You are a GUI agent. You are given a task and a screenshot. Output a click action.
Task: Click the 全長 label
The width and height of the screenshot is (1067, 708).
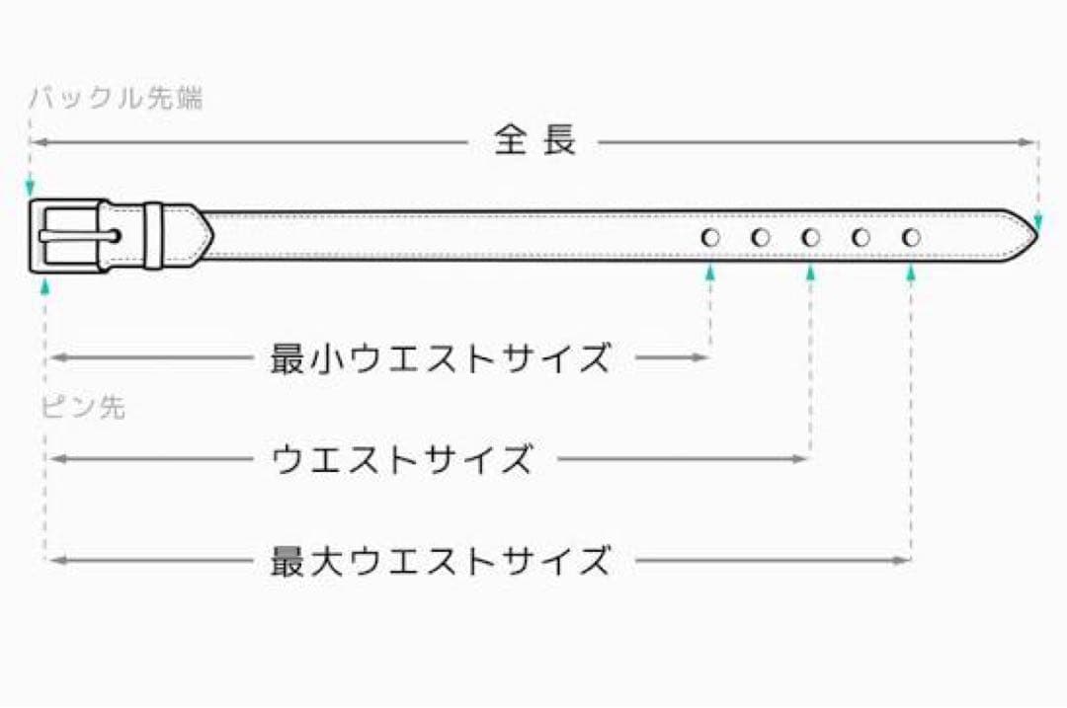point(535,139)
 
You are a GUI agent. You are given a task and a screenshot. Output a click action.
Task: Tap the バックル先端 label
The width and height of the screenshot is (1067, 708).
point(116,98)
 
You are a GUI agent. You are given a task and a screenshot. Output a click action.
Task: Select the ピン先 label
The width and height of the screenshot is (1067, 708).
point(84,407)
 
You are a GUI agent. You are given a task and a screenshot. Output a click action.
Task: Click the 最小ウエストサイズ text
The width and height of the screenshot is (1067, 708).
point(441,357)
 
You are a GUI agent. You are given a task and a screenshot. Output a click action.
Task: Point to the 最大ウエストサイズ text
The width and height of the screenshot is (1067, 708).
point(441,561)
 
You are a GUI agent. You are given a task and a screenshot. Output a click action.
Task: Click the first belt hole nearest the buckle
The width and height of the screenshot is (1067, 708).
point(710,237)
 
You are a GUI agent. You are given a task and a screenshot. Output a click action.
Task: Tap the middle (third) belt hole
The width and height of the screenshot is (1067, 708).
point(810,237)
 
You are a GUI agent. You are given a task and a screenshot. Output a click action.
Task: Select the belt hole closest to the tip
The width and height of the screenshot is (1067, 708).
point(911,237)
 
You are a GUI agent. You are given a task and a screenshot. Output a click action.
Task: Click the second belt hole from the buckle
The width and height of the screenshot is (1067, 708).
point(761,237)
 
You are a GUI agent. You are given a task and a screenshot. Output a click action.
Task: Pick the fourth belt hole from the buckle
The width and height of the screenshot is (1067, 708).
point(861,237)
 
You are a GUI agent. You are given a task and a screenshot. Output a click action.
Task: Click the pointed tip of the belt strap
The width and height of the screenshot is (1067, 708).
point(1037,235)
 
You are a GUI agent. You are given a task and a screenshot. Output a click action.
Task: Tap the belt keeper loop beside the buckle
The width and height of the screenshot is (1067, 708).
point(153,235)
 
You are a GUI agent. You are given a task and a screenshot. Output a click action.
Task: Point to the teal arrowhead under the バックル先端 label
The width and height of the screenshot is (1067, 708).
point(30,188)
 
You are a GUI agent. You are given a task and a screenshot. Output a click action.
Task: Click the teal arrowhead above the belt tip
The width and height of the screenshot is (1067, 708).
point(1037,222)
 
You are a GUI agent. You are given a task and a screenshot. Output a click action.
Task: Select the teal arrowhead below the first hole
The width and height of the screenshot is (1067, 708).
point(710,274)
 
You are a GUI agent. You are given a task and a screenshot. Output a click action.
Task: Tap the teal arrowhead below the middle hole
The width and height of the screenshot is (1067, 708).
point(810,274)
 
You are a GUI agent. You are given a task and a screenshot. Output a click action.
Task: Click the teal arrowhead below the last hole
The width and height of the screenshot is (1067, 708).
point(911,274)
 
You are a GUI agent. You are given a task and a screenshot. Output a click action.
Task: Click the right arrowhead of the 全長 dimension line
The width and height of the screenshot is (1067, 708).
point(1026,142)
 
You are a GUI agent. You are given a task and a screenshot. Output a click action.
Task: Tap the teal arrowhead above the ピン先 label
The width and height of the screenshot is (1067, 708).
point(45,285)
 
